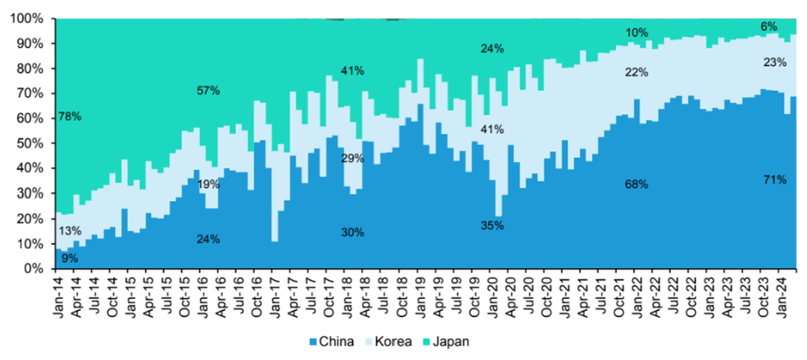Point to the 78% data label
(69, 116)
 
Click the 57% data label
(208, 90)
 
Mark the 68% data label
(636, 184)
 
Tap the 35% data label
(492, 226)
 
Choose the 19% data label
(208, 184)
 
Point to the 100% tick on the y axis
(27, 19)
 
